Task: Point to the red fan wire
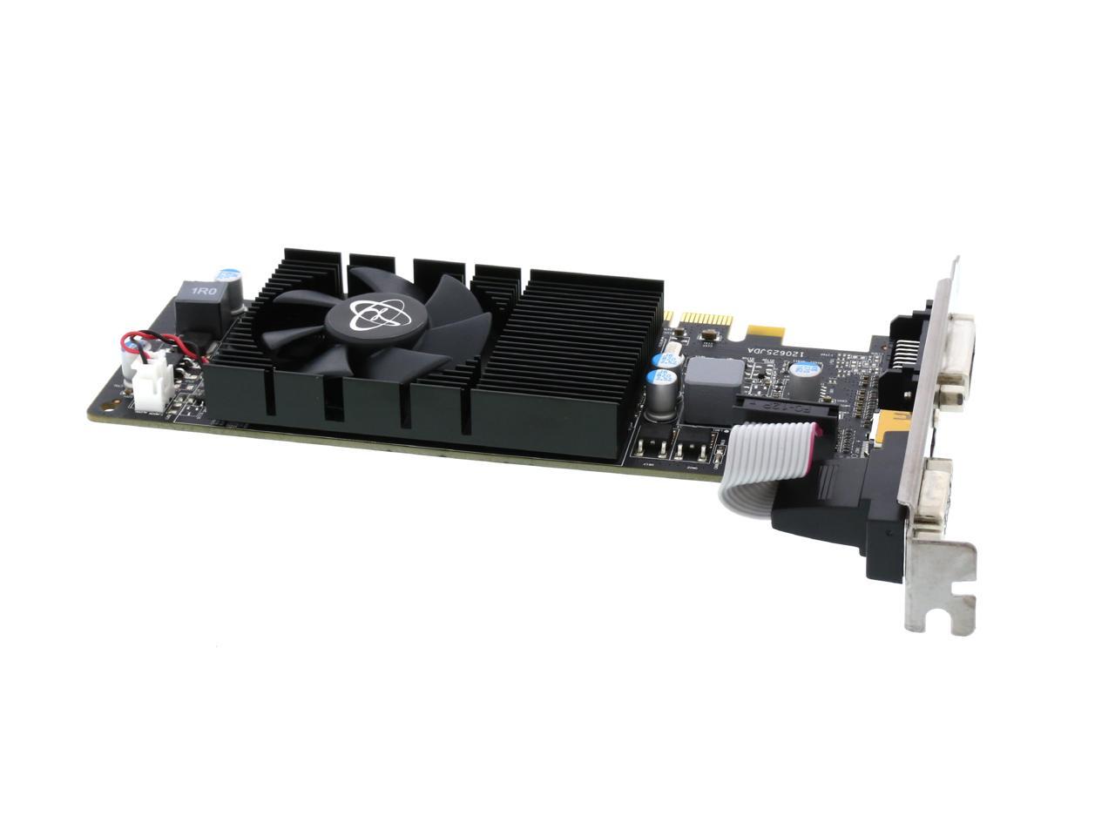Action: [x=166, y=340]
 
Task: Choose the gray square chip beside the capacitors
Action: [x=714, y=372]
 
